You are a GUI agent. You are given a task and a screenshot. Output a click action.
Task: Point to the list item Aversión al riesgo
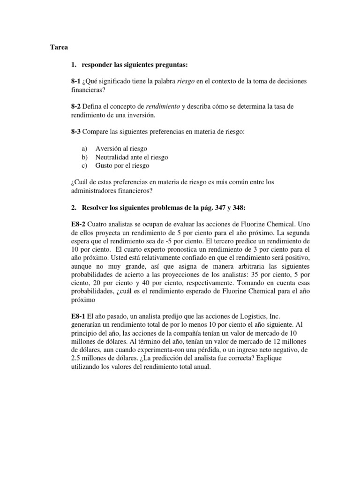121,149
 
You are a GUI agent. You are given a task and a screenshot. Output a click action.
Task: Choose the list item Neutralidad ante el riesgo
132,157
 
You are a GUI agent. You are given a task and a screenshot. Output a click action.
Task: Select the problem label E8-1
77,317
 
